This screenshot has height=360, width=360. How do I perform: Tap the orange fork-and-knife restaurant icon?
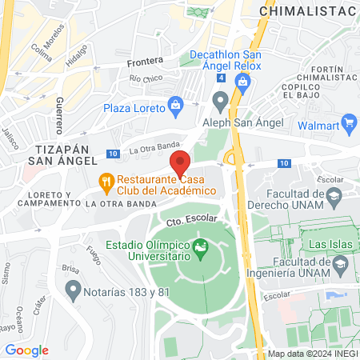click(105, 182)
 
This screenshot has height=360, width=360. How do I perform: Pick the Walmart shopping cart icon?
click(347, 122)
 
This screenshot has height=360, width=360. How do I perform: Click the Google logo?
click(26, 350)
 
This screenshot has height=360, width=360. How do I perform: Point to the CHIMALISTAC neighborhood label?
click(311, 11)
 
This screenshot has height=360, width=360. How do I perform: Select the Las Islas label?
click(330, 243)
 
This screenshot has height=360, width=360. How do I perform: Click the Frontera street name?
click(145, 61)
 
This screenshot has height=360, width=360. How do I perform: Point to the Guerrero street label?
click(60, 115)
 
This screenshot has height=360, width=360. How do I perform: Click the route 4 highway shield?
click(221, 78)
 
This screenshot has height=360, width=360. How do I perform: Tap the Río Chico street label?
click(146, 78)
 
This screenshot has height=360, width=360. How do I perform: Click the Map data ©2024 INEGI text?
click(312, 354)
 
